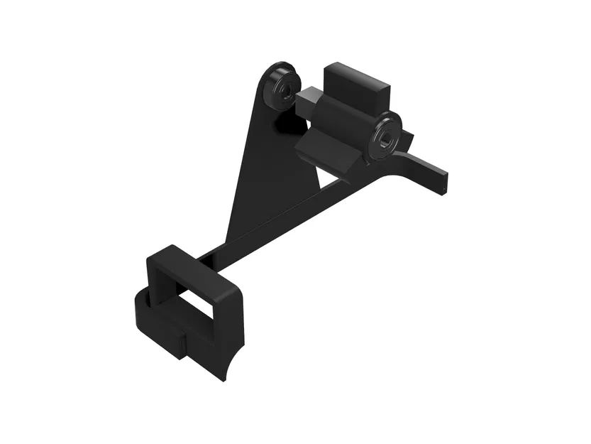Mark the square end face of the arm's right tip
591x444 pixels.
coord(443,183)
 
